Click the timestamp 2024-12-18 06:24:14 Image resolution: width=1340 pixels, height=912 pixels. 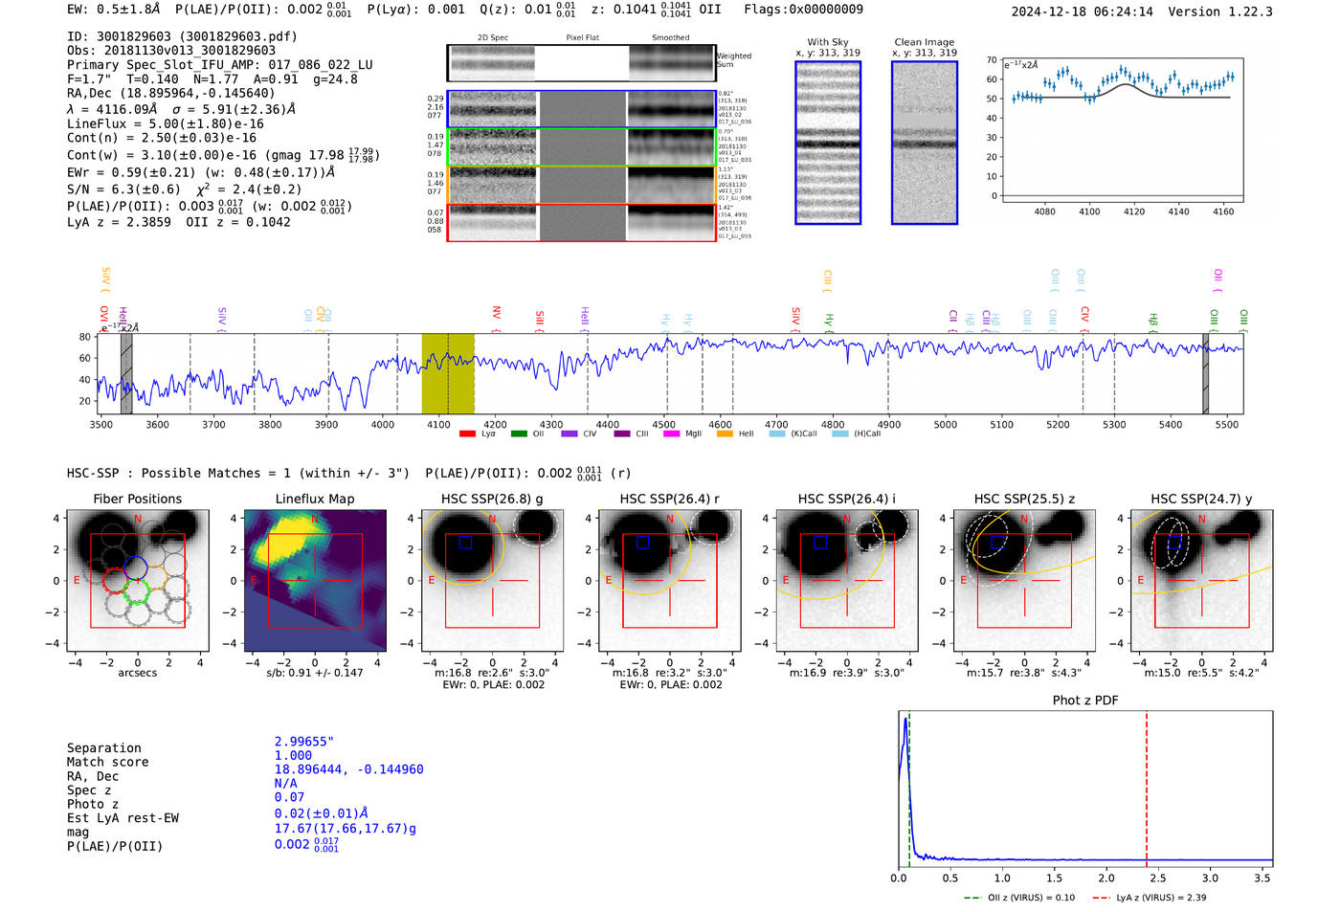pyautogui.click(x=1082, y=11)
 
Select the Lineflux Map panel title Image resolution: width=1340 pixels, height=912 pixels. pyautogui.click(x=314, y=499)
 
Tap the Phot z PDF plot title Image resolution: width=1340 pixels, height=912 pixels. pyautogui.click(x=1085, y=700)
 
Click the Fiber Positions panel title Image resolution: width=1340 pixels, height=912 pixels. pyautogui.click(x=137, y=499)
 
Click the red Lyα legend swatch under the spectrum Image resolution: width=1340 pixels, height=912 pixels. pyautogui.click(x=467, y=434)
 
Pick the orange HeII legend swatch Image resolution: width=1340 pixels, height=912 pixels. pyautogui.click(x=725, y=434)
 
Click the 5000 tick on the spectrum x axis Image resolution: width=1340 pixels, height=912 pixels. pyautogui.click(x=945, y=424)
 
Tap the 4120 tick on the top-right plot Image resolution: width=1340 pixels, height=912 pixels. pyautogui.click(x=1134, y=211)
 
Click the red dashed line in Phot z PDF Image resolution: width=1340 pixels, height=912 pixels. pyautogui.click(x=1147, y=785)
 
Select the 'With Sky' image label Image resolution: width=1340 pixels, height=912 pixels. pyautogui.click(x=827, y=42)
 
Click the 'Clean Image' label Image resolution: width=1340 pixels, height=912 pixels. pyautogui.click(x=924, y=42)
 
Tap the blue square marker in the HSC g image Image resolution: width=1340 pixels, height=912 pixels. pyautogui.click(x=465, y=542)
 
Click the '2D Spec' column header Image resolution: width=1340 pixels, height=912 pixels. pyautogui.click(x=492, y=38)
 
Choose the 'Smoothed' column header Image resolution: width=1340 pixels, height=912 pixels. pyautogui.click(x=670, y=38)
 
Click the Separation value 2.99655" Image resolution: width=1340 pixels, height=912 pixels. pyautogui.click(x=303, y=742)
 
